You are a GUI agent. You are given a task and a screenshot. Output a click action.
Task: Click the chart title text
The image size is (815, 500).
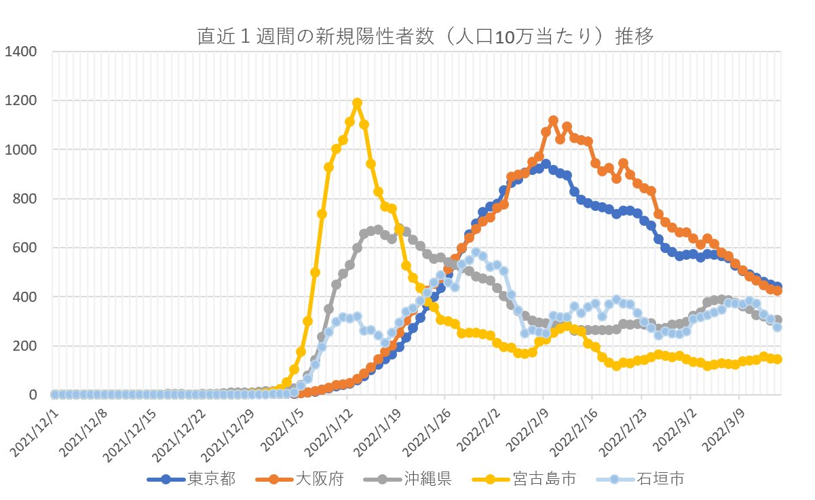[425, 37]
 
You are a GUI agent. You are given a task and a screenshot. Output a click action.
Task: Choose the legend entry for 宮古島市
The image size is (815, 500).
[544, 479]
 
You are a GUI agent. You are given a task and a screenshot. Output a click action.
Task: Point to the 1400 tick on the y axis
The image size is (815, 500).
[23, 52]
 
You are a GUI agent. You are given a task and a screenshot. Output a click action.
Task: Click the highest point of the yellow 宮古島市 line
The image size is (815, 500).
[357, 103]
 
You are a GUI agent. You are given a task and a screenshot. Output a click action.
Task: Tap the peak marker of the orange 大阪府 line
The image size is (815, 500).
[553, 120]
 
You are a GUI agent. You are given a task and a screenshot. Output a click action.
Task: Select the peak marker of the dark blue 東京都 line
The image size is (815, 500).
[546, 164]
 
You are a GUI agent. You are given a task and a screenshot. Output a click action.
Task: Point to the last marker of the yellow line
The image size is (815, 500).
[778, 359]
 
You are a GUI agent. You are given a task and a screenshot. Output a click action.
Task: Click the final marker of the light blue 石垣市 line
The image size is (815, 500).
[778, 327]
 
